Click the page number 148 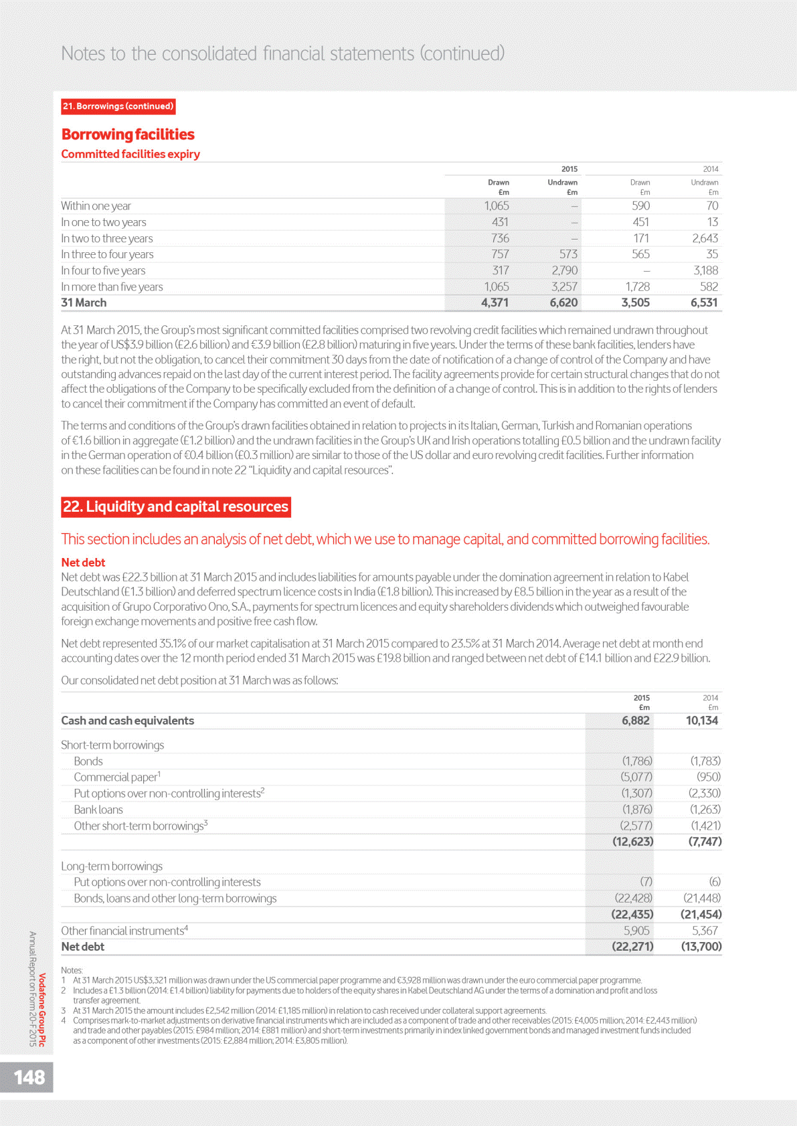(x=29, y=1077)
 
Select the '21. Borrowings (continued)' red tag (x=118, y=106)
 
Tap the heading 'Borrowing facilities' (x=128, y=134)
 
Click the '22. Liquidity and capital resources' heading (x=175, y=506)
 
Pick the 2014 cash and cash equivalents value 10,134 (x=701, y=721)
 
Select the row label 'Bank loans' (x=98, y=810)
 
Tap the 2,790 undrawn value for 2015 (x=564, y=270)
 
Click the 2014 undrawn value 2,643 (x=705, y=238)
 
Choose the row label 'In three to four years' (x=107, y=254)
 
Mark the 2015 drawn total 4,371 (x=495, y=302)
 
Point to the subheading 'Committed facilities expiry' (x=130, y=154)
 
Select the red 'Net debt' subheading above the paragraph (x=83, y=563)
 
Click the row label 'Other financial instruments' (x=122, y=931)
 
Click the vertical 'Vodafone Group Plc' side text (x=42, y=1010)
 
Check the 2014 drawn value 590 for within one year (x=640, y=206)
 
